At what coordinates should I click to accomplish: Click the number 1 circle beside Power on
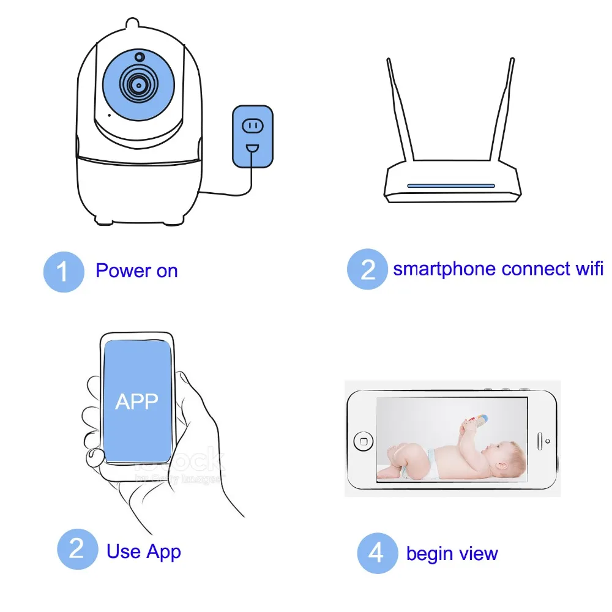click(x=64, y=272)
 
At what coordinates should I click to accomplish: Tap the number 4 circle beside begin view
click(x=378, y=553)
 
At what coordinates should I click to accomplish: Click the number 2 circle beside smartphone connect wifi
click(x=367, y=269)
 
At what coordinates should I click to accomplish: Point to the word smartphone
click(x=445, y=269)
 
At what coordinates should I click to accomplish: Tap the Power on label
click(x=136, y=271)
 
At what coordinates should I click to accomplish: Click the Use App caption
click(x=144, y=551)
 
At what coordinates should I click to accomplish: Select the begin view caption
click(x=452, y=554)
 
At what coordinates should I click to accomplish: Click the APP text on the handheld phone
click(x=136, y=401)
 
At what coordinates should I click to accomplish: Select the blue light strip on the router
click(x=451, y=185)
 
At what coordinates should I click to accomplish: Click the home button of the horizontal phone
click(x=364, y=441)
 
